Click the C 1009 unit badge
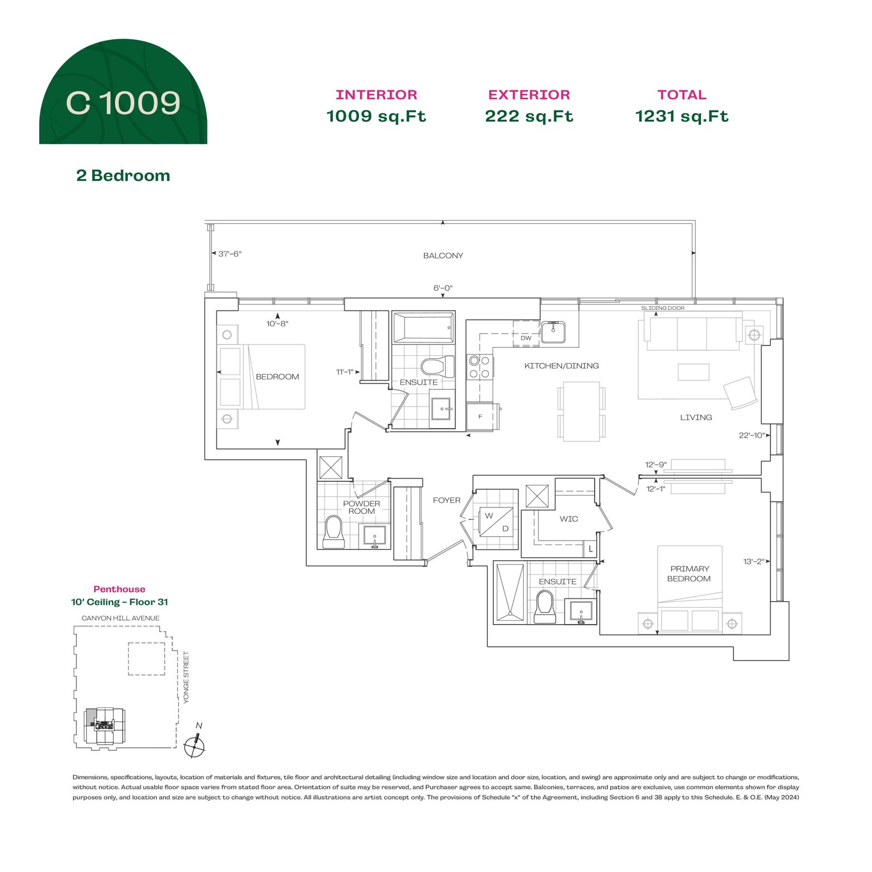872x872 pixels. coord(123,92)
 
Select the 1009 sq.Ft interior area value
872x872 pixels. coord(376,116)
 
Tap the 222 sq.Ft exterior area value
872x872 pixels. coord(529,116)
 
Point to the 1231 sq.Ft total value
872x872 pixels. coord(682,116)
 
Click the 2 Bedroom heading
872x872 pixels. coord(123,175)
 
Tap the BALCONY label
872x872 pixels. coord(443,256)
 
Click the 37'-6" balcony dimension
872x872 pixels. coord(229,253)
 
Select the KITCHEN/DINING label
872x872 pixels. coord(561,366)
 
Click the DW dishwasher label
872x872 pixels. coord(526,338)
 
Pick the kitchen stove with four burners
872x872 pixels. coord(480,366)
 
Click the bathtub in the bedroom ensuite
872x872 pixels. coord(423,328)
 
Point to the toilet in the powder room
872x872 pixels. coord(333,531)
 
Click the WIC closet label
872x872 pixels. coord(568,519)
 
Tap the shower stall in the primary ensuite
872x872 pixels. coord(510,592)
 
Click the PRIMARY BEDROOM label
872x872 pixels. coord(689,573)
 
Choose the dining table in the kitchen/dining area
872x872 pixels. coord(582,411)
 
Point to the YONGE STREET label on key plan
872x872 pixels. coord(186,677)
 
